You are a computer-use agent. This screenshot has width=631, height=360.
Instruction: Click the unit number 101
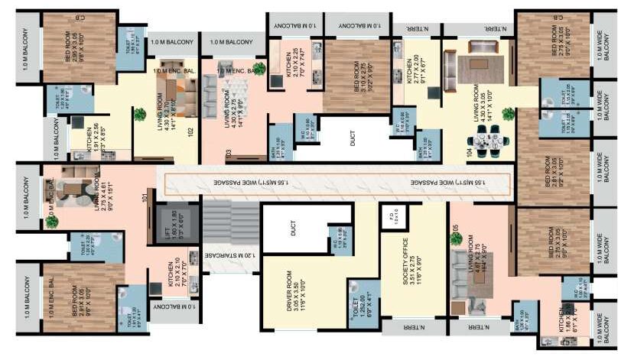click(145, 201)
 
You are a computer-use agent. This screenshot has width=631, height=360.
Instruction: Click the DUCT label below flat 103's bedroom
click(353, 139)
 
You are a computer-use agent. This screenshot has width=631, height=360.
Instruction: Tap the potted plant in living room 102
click(139, 115)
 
